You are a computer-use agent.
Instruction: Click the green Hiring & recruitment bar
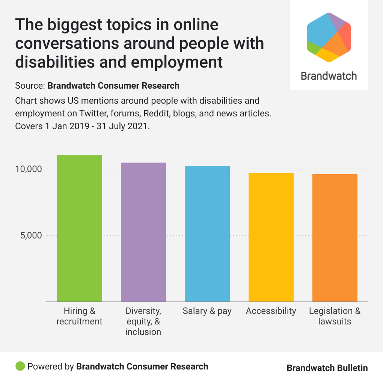79,228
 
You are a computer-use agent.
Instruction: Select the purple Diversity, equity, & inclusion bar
143,232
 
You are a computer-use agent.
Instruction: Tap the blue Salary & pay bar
207,234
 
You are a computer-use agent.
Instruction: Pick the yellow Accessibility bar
271,237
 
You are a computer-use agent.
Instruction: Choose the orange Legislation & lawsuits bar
335,238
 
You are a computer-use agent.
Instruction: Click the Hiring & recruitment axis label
79,316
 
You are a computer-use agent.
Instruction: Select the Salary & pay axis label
207,311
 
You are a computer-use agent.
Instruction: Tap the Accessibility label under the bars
271,311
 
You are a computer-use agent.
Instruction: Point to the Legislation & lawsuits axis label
335,316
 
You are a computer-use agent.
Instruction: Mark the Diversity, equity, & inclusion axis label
143,321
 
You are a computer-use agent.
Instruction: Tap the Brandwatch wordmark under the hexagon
329,76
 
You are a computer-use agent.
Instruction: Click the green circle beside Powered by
20,366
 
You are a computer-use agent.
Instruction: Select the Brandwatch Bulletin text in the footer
327,368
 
